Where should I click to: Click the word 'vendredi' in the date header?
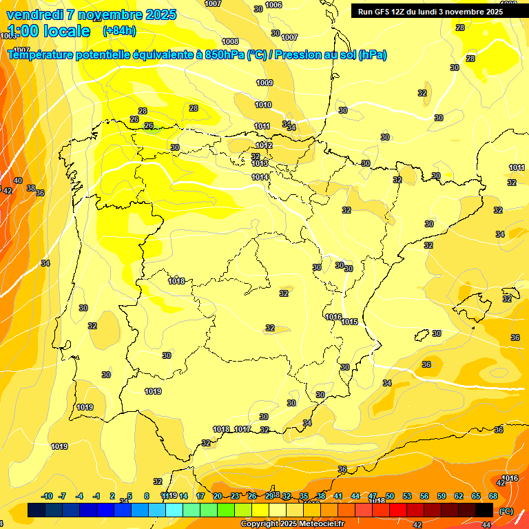pyautogui.click(x=34, y=14)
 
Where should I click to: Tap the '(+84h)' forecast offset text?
pyautogui.click(x=119, y=30)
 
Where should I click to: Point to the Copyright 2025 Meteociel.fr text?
pyautogui.click(x=293, y=523)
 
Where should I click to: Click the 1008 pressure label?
pyautogui.click(x=230, y=42)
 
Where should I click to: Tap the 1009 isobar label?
pyautogui.click(x=264, y=83)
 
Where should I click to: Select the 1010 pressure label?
pyautogui.click(x=262, y=105)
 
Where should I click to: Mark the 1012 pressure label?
pyautogui.click(x=264, y=146)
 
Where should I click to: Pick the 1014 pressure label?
pyautogui.click(x=260, y=178)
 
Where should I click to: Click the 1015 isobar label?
pyautogui.click(x=349, y=322)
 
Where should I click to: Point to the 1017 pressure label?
pyautogui.click(x=242, y=429)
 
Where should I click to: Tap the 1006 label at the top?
pyautogui.click(x=273, y=5)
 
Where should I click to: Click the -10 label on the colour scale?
pyautogui.click(x=47, y=496)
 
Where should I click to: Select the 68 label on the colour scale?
pyautogui.click(x=493, y=496)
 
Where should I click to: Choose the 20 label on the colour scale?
pyautogui.click(x=217, y=496)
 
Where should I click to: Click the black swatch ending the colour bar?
pyautogui.click(x=484, y=510)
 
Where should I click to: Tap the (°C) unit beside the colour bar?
pyautogui.click(x=506, y=510)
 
